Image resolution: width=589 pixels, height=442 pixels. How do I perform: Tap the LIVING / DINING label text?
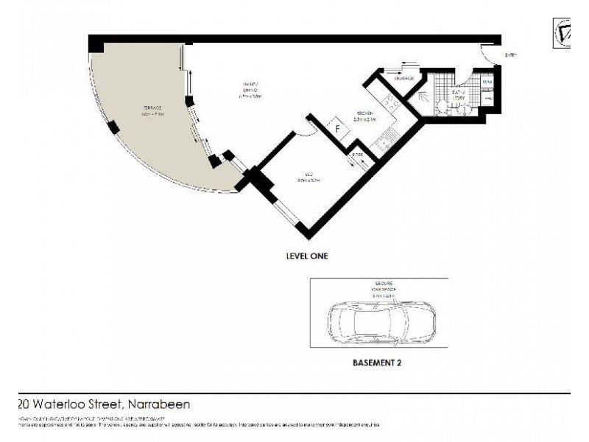tap(250, 89)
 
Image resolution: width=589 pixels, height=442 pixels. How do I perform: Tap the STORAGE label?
tap(404, 78)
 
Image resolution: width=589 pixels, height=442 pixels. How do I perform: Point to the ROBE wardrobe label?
tap(357, 155)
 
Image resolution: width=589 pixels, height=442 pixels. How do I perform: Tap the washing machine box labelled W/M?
tap(487, 83)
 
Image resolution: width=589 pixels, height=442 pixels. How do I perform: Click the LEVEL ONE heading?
tap(306, 256)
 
